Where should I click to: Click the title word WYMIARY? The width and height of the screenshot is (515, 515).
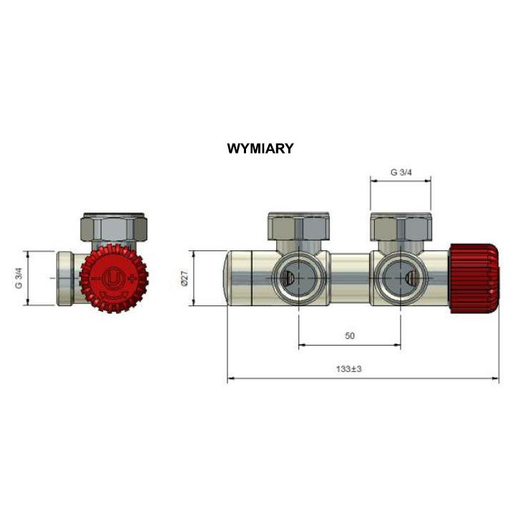coord(260,149)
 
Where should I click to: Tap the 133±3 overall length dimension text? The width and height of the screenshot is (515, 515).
coord(349,369)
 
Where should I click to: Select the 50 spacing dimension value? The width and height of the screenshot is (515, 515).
coord(350,335)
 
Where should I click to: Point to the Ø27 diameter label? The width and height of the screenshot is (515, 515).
coord(184,278)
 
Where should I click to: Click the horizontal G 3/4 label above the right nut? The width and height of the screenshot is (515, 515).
coord(401,172)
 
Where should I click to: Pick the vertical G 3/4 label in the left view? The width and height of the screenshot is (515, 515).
coord(19,278)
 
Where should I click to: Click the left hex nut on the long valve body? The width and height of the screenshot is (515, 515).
coord(298,227)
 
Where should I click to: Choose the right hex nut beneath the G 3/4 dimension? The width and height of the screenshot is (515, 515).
coord(401,227)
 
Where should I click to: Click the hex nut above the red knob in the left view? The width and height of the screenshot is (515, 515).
coord(115,227)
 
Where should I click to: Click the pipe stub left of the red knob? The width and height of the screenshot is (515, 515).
coord(65,278)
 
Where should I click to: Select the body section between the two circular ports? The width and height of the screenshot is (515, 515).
coord(349,278)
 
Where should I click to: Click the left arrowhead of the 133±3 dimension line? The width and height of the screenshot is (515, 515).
coord(231,379)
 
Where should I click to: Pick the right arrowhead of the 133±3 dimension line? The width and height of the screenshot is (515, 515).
coord(495,379)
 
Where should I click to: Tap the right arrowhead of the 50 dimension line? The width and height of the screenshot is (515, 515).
coord(398,345)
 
